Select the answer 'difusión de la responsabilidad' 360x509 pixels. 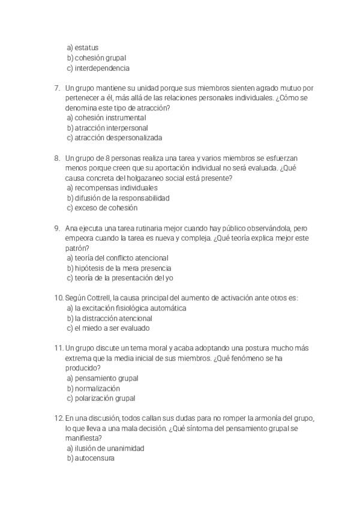[122, 197]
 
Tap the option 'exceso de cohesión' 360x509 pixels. [106, 208]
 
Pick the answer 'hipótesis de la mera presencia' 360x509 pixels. [123, 268]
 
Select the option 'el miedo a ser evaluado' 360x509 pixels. [112, 328]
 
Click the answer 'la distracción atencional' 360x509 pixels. [113, 318]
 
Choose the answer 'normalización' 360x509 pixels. [98, 388]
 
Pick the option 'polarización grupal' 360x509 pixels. [105, 398]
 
